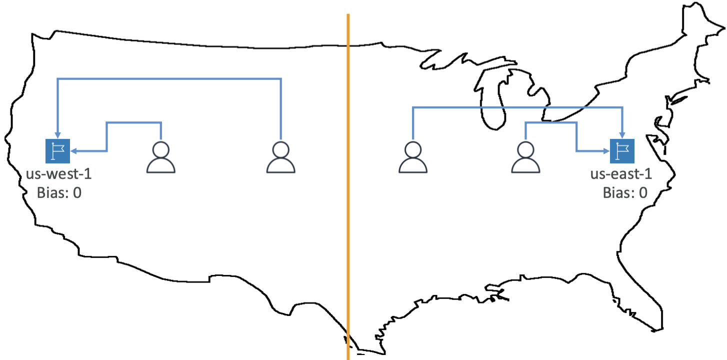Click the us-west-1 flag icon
click(x=57, y=151)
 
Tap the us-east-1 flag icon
click(x=622, y=151)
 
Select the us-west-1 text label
click(x=59, y=175)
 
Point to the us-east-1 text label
click(x=621, y=175)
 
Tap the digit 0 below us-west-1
click(x=77, y=192)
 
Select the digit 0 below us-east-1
click(x=642, y=192)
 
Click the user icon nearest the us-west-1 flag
click(x=160, y=157)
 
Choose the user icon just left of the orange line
click(x=281, y=157)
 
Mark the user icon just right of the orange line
click(x=413, y=157)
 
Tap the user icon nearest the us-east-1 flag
click(x=525, y=157)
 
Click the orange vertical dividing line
click(x=348, y=200)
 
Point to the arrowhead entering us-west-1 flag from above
click(x=57, y=135)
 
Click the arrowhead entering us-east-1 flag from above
click(x=622, y=135)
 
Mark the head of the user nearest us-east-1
click(x=525, y=149)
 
